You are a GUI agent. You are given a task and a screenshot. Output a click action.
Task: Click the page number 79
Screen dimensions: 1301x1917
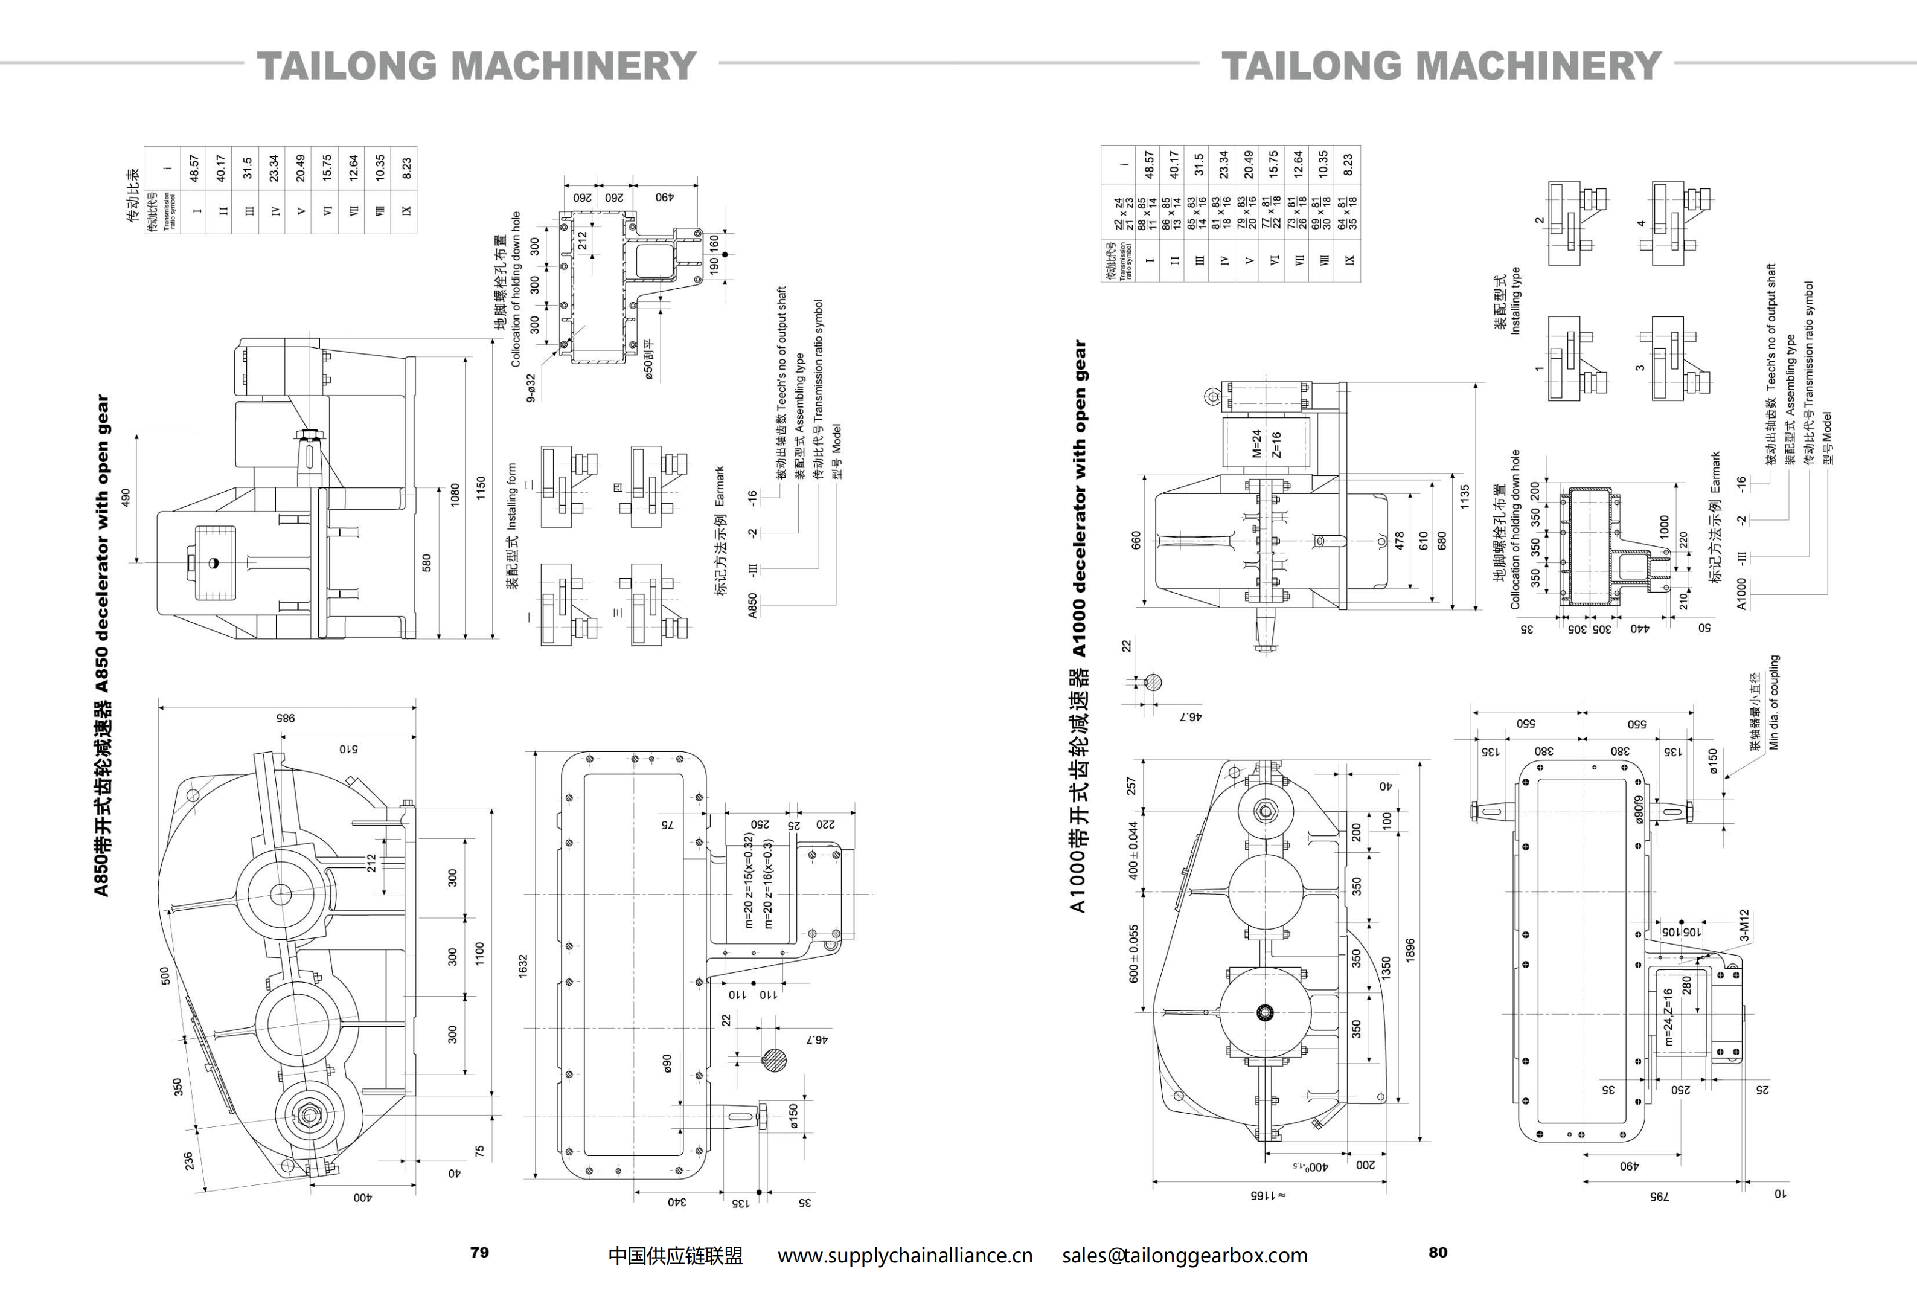479,1252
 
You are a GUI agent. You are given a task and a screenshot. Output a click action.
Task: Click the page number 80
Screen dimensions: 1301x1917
1438,1252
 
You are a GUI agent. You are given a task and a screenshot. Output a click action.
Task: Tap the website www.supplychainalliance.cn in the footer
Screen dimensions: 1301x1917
905,1256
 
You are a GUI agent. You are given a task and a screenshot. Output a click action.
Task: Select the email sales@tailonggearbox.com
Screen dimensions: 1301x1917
1185,1256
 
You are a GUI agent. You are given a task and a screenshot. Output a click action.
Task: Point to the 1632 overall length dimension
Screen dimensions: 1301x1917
523,966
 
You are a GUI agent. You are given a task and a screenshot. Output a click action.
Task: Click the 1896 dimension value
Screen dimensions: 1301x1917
1410,949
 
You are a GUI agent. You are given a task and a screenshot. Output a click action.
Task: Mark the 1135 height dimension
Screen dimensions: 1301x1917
1464,496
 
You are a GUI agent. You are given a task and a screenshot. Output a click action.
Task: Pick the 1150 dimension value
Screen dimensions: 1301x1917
480,487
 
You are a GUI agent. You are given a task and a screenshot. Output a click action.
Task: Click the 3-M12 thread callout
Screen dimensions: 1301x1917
1744,926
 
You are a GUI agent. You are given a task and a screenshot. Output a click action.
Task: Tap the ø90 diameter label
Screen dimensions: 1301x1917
667,1064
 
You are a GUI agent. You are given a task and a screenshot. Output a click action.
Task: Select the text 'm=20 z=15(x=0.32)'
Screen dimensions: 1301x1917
748,880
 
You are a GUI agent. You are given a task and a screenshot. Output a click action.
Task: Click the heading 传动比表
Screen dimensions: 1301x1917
133,196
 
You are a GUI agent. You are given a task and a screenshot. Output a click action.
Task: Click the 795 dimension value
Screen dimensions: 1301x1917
1659,1195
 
